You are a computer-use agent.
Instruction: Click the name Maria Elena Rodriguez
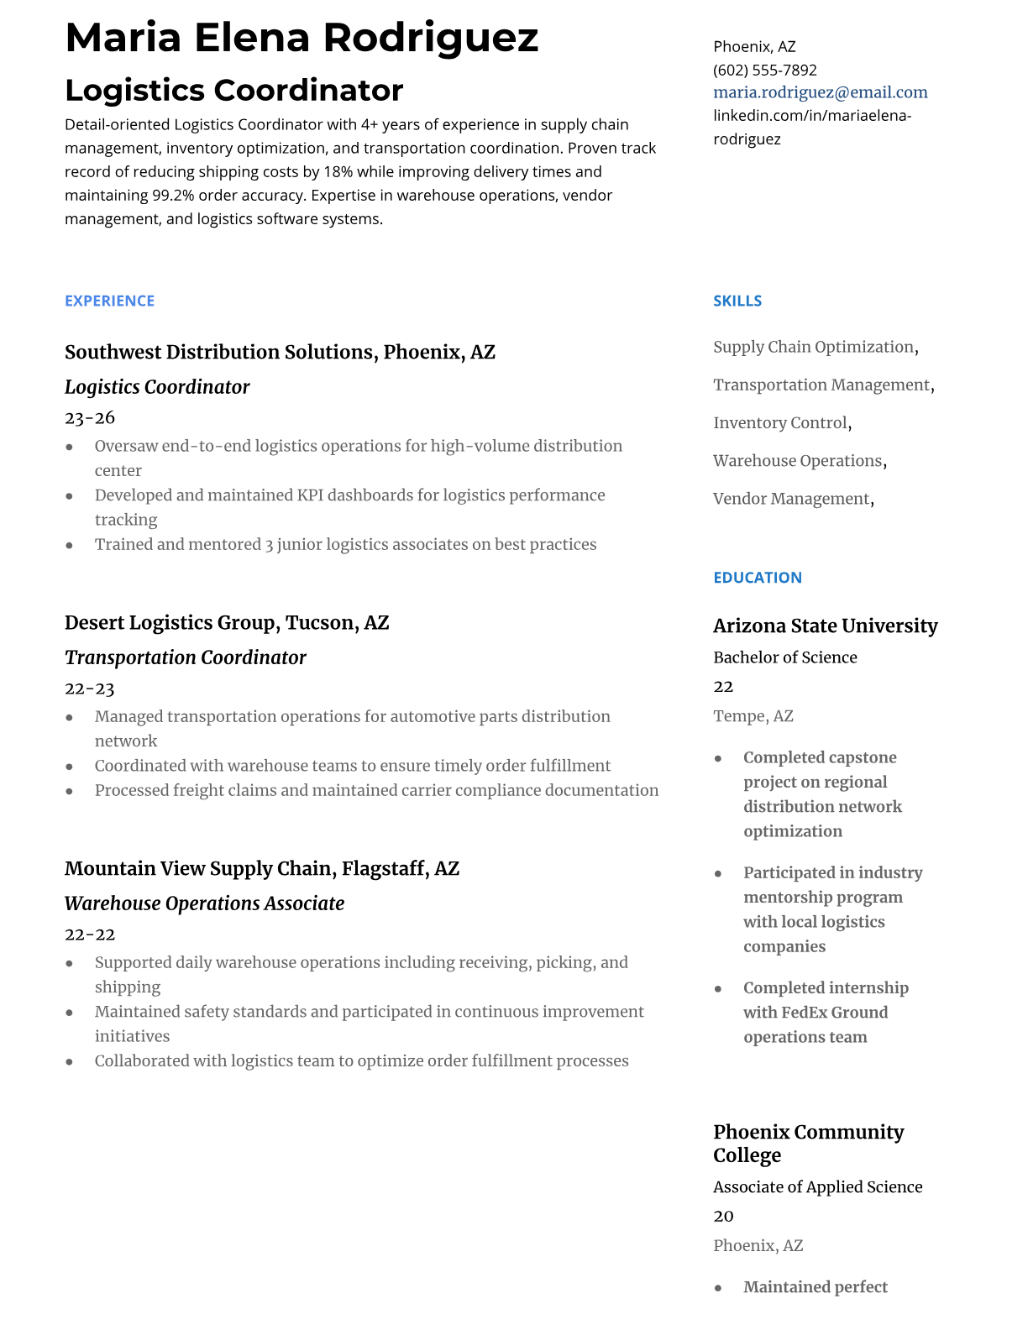[302, 39]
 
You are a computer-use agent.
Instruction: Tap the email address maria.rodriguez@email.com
[820, 92]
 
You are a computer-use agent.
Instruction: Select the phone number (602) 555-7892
[764, 70]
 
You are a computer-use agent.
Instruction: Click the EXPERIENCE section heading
[109, 301]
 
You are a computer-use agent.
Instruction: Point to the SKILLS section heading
[737, 301]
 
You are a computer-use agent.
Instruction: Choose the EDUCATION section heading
[757, 578]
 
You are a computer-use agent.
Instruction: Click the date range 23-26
[90, 417]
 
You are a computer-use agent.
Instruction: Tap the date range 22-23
[90, 689]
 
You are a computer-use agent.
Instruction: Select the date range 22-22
[90, 935]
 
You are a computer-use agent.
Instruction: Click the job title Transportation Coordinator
[185, 657]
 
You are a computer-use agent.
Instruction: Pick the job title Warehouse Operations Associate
[204, 903]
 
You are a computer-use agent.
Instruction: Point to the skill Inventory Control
[780, 423]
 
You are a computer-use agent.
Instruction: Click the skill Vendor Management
[791, 499]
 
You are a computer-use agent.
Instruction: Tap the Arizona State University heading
[825, 626]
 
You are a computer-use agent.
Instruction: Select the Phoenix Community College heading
[808, 1143]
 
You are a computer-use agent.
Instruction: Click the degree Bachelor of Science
[784, 657]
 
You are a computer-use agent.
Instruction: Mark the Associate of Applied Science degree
[817, 1187]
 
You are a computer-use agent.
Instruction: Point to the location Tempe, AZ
[753, 716]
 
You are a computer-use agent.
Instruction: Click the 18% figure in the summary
[338, 172]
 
